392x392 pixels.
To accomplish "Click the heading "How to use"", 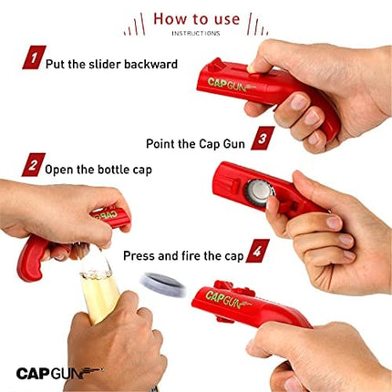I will click(x=195, y=19).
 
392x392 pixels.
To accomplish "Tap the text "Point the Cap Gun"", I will click(x=197, y=143).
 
